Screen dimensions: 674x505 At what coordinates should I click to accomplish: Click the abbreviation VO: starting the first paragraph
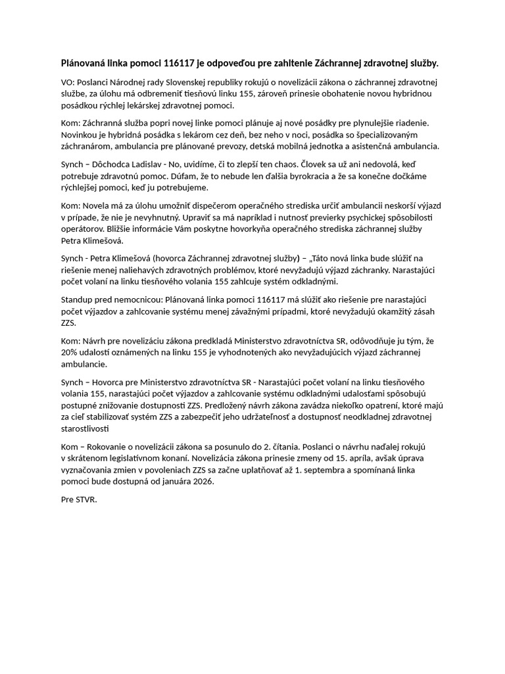(x=66, y=82)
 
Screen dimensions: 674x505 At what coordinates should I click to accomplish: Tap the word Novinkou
(x=78, y=134)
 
